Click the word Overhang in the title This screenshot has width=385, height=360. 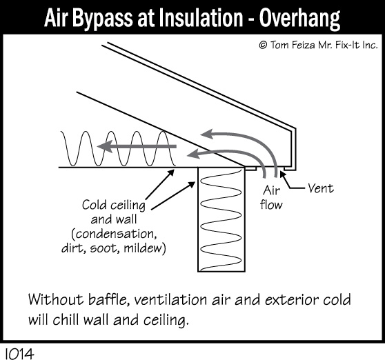[299, 19]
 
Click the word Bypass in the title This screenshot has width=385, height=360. [102, 19]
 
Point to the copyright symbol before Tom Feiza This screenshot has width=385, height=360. [263, 45]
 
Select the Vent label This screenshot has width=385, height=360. [321, 188]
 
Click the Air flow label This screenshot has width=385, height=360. [271, 197]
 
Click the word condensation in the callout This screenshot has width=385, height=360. [115, 234]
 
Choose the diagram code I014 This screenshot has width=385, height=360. [19, 354]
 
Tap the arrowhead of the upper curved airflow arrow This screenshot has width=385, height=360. [207, 134]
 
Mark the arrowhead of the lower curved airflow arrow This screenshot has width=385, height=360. [192, 154]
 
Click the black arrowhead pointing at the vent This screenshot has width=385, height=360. [283, 174]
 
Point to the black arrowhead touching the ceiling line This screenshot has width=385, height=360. [171, 172]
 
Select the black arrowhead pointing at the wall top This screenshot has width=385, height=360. [192, 184]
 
